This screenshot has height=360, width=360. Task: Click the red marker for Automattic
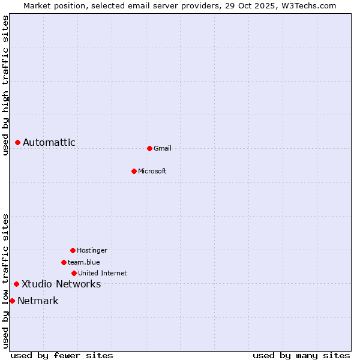click(x=18, y=142)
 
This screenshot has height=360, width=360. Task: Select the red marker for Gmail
click(x=149, y=148)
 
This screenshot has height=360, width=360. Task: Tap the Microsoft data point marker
click(x=134, y=171)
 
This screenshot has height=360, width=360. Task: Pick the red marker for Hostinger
click(x=73, y=250)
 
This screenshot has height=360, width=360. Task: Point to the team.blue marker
click(x=64, y=262)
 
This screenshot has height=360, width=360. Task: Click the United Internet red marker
click(x=74, y=273)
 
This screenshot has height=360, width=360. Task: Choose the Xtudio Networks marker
click(x=16, y=284)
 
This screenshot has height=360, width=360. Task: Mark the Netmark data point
click(x=12, y=301)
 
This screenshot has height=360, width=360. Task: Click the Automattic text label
click(x=49, y=142)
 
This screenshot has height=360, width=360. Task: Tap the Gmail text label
click(x=163, y=148)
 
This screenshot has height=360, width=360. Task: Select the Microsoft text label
click(x=152, y=171)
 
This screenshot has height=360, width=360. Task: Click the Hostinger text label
click(x=92, y=250)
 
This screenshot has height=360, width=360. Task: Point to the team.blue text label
click(x=84, y=262)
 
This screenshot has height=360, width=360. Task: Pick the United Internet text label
click(x=103, y=273)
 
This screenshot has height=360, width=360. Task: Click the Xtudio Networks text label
click(x=61, y=284)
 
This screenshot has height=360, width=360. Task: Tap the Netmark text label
click(x=38, y=301)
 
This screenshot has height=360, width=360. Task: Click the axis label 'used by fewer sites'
click(x=62, y=355)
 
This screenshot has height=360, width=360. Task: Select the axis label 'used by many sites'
click(x=301, y=355)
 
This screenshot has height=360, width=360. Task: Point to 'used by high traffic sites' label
click(x=5, y=85)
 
